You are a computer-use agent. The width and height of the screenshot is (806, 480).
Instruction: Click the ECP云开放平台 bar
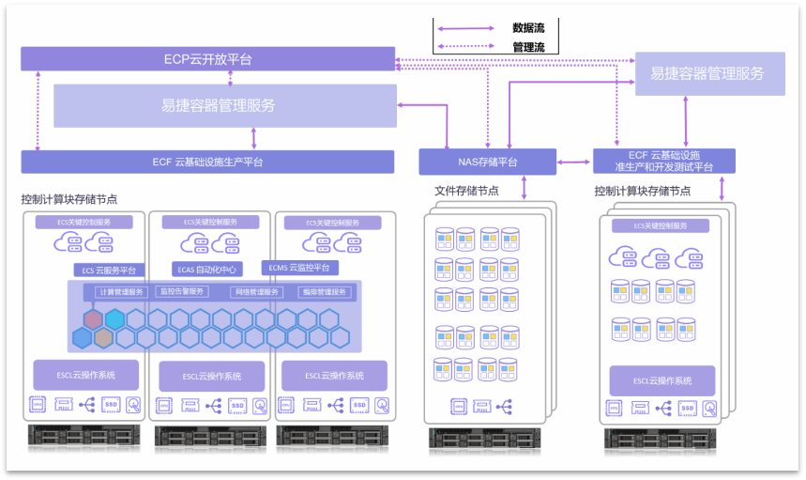point(207,59)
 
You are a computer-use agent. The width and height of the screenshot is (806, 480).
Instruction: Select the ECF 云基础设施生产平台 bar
point(207,162)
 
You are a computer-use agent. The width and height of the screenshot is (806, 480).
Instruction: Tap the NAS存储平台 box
point(486,162)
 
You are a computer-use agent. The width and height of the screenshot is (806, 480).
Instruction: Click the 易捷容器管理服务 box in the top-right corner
point(709,73)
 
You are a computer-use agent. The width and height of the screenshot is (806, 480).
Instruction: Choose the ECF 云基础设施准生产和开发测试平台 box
point(663,161)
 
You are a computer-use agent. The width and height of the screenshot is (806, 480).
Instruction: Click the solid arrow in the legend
point(466,28)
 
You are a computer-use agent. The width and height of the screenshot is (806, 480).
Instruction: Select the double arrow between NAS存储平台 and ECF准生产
point(574,163)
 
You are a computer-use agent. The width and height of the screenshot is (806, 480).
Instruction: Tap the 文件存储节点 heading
point(466,192)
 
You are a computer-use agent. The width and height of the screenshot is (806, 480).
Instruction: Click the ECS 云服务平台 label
point(109,271)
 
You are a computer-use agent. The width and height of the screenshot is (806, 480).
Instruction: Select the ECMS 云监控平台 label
point(299,268)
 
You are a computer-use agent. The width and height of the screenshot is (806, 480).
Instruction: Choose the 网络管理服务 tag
point(256,292)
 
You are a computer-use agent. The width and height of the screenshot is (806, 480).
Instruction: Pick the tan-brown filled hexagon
point(103,337)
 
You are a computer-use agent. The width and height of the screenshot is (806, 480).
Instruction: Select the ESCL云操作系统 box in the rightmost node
point(662,380)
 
